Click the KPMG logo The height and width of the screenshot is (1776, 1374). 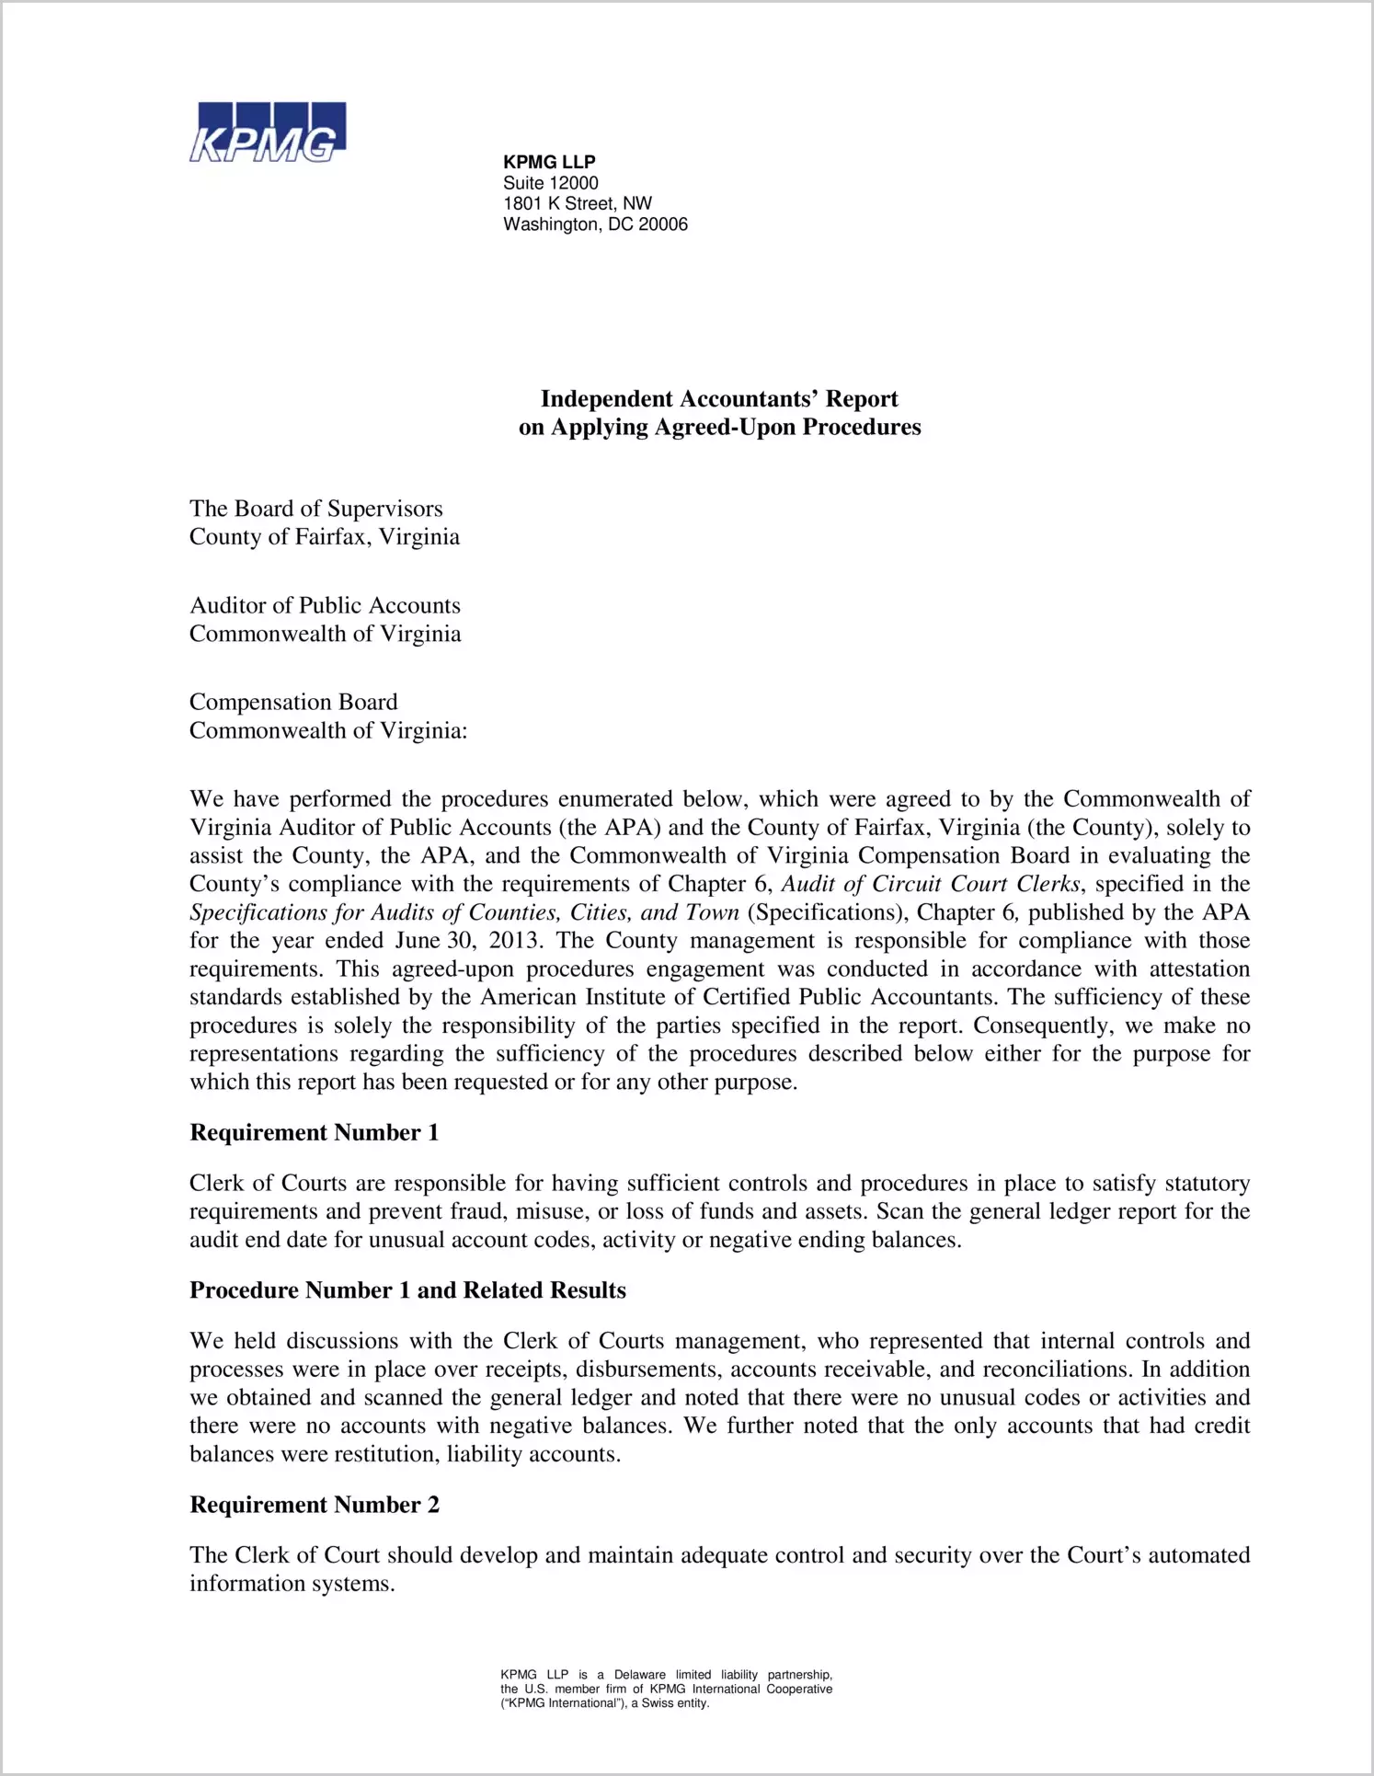(x=268, y=132)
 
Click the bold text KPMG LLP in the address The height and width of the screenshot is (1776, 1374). (x=549, y=162)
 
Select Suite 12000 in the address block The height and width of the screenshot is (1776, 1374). (x=550, y=183)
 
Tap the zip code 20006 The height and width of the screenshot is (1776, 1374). (x=663, y=224)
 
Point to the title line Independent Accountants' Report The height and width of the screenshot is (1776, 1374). (x=719, y=398)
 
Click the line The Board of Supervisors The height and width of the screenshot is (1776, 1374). (x=315, y=509)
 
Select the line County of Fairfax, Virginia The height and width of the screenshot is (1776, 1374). (x=324, y=536)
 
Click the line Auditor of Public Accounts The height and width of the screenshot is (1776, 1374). (x=325, y=605)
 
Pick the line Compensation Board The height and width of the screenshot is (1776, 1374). (x=293, y=702)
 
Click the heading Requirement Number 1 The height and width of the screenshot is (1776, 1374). (x=314, y=1132)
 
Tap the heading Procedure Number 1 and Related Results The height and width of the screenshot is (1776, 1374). (x=407, y=1290)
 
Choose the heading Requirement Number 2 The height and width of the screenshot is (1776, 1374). (x=314, y=1505)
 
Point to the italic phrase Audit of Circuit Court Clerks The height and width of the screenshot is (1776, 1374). (x=931, y=884)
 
